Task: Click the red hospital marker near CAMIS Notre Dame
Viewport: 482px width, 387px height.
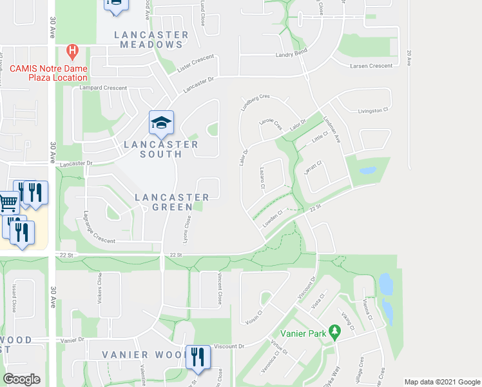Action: [x=72, y=50]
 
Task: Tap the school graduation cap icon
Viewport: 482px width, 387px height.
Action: [x=161, y=122]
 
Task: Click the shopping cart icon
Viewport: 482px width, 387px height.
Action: [x=8, y=202]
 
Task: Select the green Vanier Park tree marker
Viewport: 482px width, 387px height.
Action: [x=334, y=332]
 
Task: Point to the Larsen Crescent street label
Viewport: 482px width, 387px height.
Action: [x=371, y=66]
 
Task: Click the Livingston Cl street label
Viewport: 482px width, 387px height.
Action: [x=372, y=110]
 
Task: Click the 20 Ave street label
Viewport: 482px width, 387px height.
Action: [x=409, y=58]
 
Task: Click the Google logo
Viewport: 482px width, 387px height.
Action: [x=22, y=379]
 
